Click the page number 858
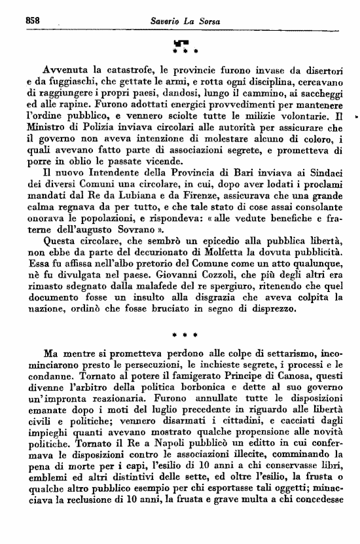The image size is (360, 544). coord(33,20)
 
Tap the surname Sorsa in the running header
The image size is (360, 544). coord(198,21)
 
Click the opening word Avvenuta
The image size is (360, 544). coord(63,68)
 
